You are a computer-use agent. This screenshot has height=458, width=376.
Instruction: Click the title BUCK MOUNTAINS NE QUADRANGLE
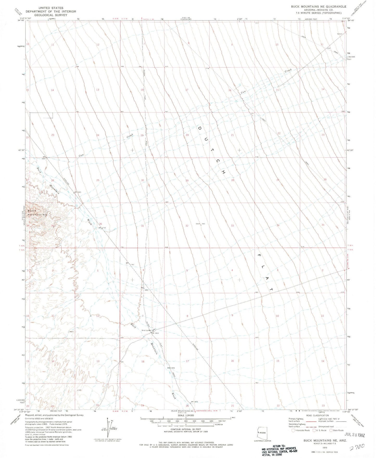[318, 7]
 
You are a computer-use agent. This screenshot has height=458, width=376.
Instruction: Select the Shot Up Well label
[147, 330]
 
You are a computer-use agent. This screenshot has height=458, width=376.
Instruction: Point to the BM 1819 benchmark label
[155, 333]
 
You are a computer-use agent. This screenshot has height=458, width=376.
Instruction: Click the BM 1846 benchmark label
[171, 368]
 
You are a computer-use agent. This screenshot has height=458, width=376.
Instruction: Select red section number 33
[232, 226]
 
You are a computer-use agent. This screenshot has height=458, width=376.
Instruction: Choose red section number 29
[187, 181]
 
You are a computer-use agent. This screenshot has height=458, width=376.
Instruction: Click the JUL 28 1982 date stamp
[355, 435]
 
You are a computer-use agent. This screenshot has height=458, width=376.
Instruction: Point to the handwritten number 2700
[357, 447]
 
